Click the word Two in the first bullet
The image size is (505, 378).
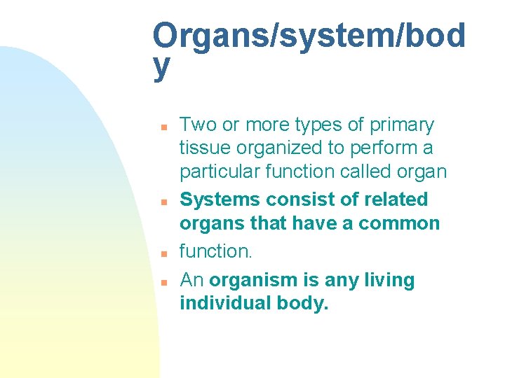(198, 125)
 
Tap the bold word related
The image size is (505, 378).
(396, 200)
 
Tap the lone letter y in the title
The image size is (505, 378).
(161, 66)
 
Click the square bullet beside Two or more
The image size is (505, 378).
(162, 127)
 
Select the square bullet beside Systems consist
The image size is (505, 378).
(162, 202)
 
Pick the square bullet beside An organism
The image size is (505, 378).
(162, 283)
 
